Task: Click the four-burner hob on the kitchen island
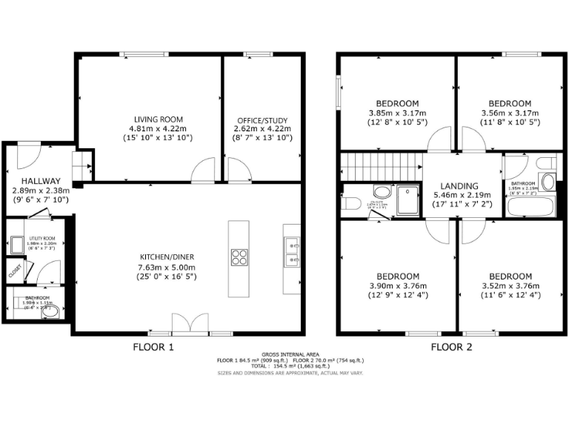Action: [240, 257]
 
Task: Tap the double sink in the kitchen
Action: [290, 252]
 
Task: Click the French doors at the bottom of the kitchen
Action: [186, 325]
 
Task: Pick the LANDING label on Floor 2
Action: [458, 186]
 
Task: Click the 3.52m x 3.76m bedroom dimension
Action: [510, 285]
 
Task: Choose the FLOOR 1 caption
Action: [153, 347]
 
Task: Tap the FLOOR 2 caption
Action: [451, 347]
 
